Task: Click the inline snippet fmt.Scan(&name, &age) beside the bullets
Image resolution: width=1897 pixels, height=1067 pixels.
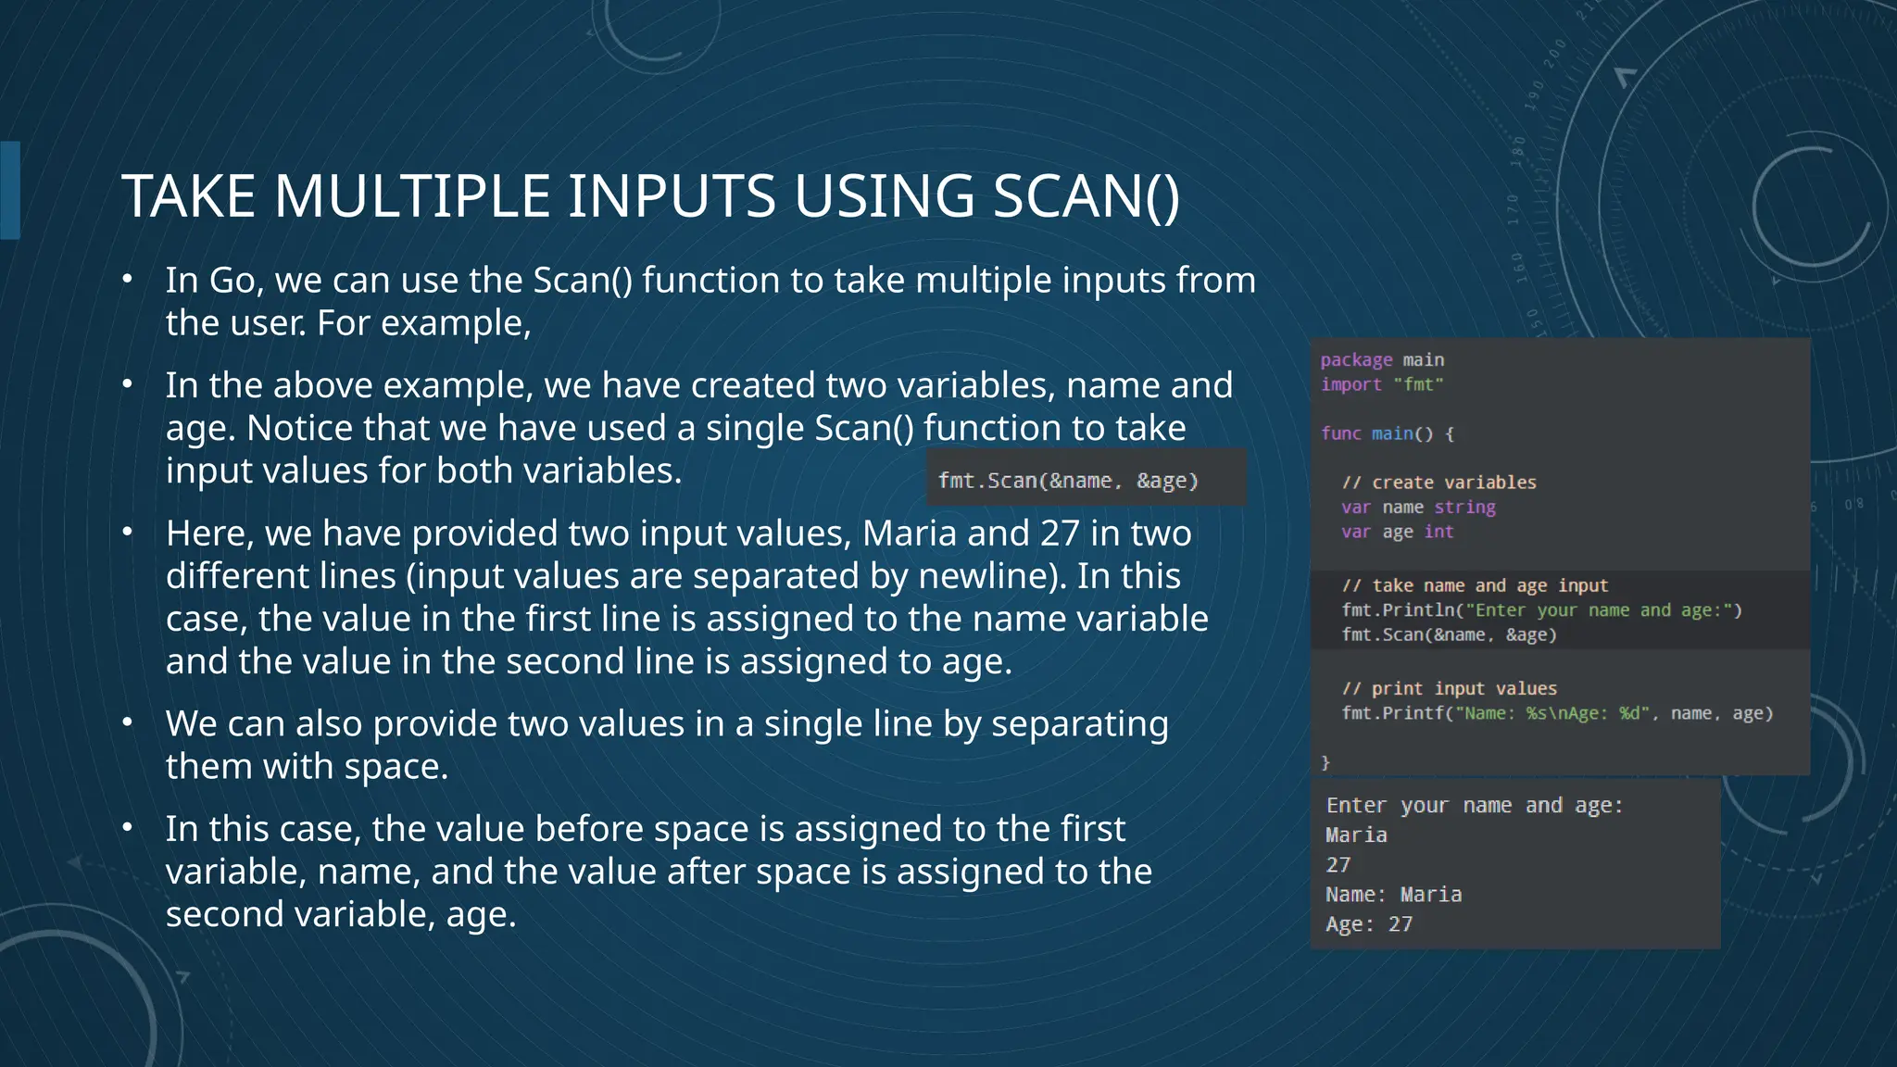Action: tap(1068, 481)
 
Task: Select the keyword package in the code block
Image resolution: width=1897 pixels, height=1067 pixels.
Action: tap(1356, 360)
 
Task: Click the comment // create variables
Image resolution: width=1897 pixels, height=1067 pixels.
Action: tap(1438, 483)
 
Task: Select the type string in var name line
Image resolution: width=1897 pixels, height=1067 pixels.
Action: tap(1464, 508)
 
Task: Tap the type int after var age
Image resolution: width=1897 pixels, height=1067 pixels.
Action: tap(1438, 532)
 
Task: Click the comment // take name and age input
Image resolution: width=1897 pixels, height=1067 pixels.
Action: tap(1475, 585)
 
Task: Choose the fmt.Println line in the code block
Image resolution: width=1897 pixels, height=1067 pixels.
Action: tap(1541, 610)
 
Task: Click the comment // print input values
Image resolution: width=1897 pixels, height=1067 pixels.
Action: tap(1449, 689)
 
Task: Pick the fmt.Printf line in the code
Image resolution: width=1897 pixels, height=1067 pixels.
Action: tap(1557, 713)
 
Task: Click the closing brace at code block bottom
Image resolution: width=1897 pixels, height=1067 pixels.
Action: tap(1325, 762)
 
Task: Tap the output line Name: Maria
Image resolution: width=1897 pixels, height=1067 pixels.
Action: tap(1393, 895)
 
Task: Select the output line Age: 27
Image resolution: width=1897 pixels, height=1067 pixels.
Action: tap(1368, 924)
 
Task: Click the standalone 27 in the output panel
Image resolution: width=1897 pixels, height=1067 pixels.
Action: tap(1338, 865)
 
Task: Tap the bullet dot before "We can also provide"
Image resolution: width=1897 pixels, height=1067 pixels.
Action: tap(128, 722)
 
